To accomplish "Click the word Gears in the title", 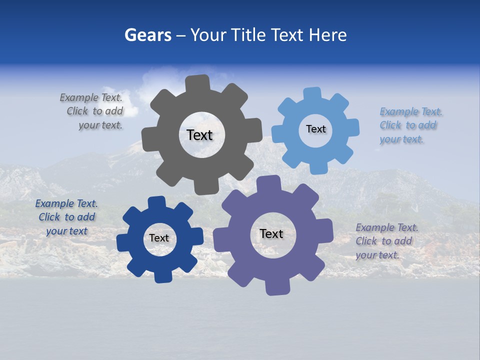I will click(147, 35).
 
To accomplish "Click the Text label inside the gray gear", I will click(199, 135).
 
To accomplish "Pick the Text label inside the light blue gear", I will click(315, 129).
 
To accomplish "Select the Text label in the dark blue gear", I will click(159, 238).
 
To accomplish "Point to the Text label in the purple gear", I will click(271, 234).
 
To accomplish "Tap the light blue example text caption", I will click(410, 125).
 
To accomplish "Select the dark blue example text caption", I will click(66, 217).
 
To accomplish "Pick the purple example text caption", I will click(386, 241).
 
